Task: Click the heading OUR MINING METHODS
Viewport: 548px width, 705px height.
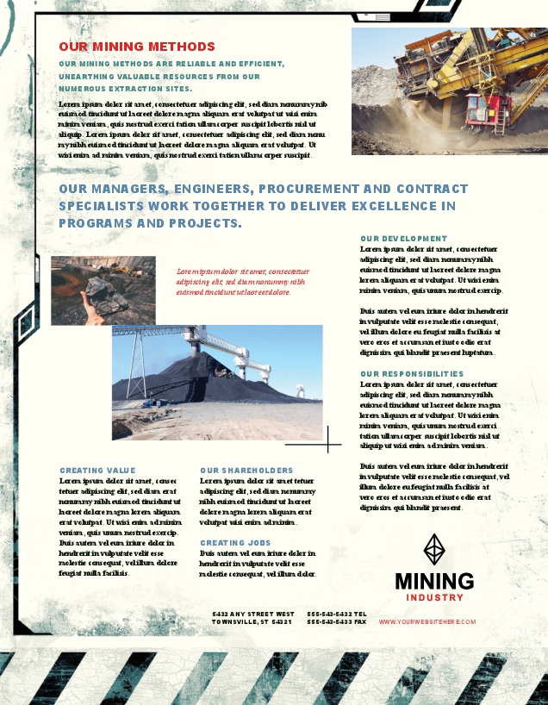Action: pos(137,47)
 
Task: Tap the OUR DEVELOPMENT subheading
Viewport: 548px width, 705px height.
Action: pos(403,238)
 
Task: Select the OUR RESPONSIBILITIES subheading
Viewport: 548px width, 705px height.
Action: pos(412,374)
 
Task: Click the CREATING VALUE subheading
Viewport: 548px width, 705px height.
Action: pos(97,471)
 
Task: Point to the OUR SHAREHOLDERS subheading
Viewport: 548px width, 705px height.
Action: pos(246,471)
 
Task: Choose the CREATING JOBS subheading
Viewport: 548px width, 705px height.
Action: pos(235,543)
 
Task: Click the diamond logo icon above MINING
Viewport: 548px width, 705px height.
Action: pos(434,549)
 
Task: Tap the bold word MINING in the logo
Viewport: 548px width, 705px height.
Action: pos(434,582)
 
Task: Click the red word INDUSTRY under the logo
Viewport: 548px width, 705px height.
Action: pos(434,597)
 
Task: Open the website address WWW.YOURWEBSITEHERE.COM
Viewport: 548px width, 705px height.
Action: pos(427,621)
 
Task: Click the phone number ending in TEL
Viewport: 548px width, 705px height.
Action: pos(337,614)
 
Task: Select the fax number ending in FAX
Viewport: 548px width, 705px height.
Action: pos(337,621)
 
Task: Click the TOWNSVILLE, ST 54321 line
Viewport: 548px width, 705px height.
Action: pos(252,621)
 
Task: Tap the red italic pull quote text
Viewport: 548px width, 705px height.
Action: pos(242,281)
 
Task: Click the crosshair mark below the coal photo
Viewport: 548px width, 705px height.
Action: pos(328,440)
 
